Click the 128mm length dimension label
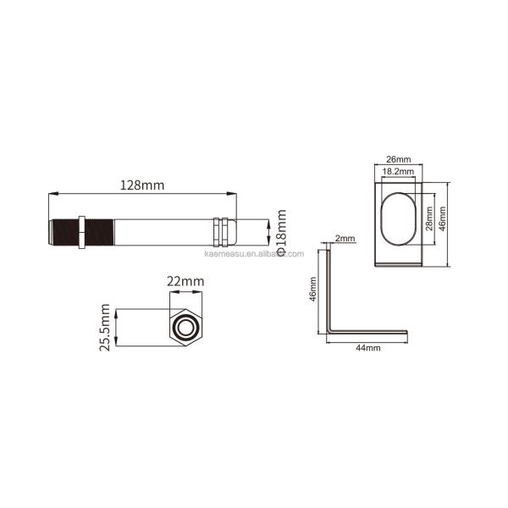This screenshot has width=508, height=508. pyautogui.click(x=142, y=185)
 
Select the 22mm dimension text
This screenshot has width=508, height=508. pyautogui.click(x=185, y=281)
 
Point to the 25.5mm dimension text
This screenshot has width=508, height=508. pyautogui.click(x=105, y=327)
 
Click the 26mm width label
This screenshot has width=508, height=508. pyautogui.click(x=399, y=159)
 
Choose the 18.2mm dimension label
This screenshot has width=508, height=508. pyautogui.click(x=398, y=171)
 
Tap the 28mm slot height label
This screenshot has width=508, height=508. pyautogui.click(x=429, y=218)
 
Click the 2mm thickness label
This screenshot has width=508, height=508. pyautogui.click(x=345, y=239)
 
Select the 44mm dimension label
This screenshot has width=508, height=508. pyautogui.click(x=368, y=348)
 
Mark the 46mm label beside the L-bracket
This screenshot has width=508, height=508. pyautogui.click(x=312, y=290)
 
